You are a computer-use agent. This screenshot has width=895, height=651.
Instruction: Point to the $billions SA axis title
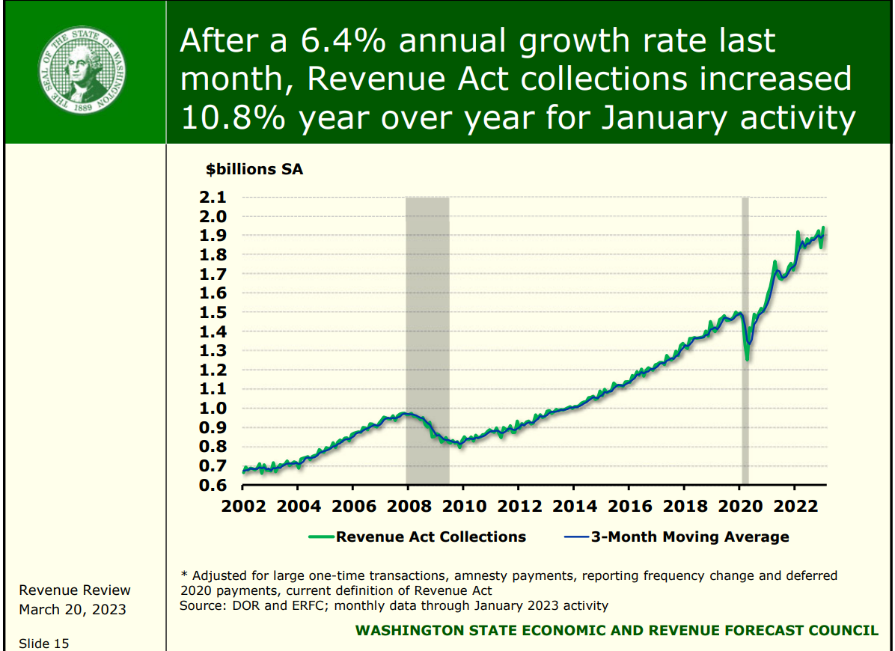pyautogui.click(x=254, y=169)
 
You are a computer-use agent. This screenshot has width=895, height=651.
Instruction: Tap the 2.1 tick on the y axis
pyautogui.click(x=213, y=198)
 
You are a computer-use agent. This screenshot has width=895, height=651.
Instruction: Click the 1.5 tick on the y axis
pyautogui.click(x=213, y=312)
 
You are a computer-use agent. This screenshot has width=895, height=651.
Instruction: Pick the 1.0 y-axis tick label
pyautogui.click(x=213, y=408)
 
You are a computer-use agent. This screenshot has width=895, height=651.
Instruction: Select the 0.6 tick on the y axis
pyautogui.click(x=213, y=485)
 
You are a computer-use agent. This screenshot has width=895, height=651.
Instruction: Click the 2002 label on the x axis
pyautogui.click(x=243, y=506)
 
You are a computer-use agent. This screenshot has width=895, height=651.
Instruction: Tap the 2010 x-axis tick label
pyautogui.click(x=463, y=506)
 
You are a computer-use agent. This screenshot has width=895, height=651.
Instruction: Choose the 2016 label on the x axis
pyautogui.click(x=629, y=506)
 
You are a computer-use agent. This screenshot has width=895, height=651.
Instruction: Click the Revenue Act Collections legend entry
pyautogui.click(x=430, y=537)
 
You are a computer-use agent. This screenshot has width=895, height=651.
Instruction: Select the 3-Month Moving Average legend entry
pyautogui.click(x=689, y=537)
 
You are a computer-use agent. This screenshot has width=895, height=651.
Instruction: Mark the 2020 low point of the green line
pyautogui.click(x=747, y=359)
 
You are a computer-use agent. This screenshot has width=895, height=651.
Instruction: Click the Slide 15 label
pyautogui.click(x=44, y=643)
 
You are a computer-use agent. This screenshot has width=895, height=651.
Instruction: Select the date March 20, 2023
pyautogui.click(x=73, y=609)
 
